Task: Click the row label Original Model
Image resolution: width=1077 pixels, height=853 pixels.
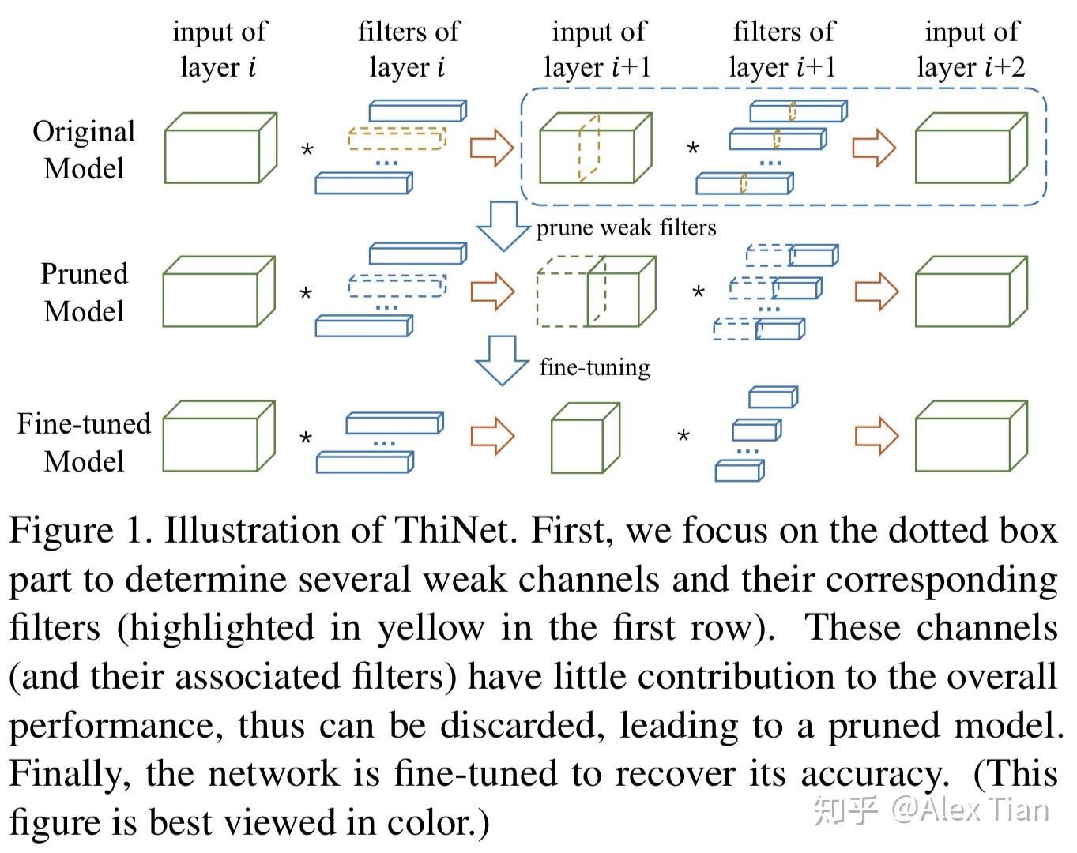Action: point(84,149)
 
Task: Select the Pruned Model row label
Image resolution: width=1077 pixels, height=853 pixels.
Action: point(84,293)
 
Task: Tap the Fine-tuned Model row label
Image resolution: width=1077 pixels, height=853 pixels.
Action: point(84,442)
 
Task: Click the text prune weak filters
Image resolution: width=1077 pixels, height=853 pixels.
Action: point(626,228)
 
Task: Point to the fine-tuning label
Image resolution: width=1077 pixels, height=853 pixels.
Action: point(594,368)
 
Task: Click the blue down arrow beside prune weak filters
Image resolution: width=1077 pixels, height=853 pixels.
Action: point(503,226)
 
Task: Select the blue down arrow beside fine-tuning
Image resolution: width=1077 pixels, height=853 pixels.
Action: point(502,361)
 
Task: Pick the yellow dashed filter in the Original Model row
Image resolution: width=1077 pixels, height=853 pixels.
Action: point(397,138)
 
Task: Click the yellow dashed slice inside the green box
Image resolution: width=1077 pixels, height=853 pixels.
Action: point(589,148)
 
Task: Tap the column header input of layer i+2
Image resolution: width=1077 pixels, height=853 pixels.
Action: point(971,49)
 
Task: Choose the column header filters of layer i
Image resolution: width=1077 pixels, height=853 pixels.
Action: point(409,49)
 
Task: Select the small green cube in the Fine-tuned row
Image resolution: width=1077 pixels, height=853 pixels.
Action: point(586,438)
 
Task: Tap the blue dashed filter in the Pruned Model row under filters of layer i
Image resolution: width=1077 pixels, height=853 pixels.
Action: point(397,286)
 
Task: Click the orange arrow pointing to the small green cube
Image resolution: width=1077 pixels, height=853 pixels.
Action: point(492,436)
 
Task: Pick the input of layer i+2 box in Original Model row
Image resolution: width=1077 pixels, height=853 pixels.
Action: point(971,148)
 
